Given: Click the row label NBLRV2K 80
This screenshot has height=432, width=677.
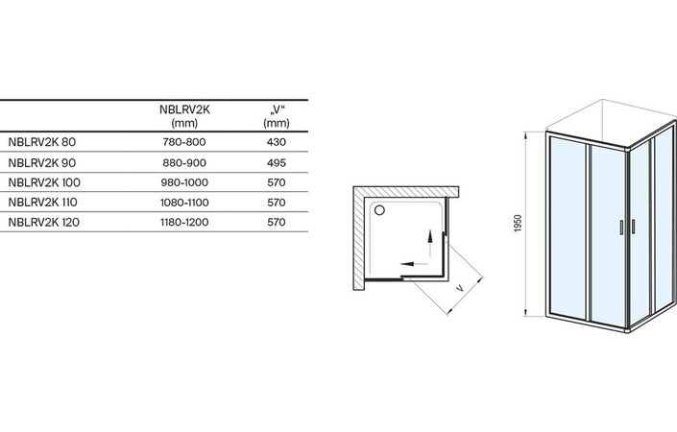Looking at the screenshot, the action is click(42, 142).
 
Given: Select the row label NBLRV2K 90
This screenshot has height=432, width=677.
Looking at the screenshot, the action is click(42, 162).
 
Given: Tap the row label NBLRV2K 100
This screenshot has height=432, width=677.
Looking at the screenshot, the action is click(44, 182).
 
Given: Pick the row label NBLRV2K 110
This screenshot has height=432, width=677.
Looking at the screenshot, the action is click(43, 203).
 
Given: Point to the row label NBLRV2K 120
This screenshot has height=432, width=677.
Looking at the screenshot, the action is click(43, 223).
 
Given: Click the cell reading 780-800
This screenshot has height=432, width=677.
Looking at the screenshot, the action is click(184, 142).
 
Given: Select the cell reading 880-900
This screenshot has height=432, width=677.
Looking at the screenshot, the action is click(184, 162).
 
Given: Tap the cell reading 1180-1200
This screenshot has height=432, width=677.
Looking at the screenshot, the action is click(184, 223).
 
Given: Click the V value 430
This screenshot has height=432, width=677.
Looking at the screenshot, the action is click(277, 142).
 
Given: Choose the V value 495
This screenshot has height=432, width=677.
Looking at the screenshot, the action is click(277, 162).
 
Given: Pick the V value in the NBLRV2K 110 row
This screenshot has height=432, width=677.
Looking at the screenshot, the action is click(277, 203).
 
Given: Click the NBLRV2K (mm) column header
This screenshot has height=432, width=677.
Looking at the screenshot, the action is click(184, 116).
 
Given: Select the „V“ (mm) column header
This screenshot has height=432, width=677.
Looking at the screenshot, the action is click(277, 116).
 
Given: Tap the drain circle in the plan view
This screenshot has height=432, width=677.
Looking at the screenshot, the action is click(379, 210).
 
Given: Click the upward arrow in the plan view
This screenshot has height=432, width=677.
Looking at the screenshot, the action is click(430, 244).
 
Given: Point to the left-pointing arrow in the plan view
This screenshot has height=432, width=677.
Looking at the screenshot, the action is click(414, 264).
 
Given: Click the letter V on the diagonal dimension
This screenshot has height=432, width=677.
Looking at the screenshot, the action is click(460, 287).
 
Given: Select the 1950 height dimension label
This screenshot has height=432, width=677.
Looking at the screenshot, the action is click(519, 223).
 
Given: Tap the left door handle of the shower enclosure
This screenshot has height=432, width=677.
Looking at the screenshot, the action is click(621, 228).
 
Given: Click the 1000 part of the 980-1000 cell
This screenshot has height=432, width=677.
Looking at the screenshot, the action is click(197, 182).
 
